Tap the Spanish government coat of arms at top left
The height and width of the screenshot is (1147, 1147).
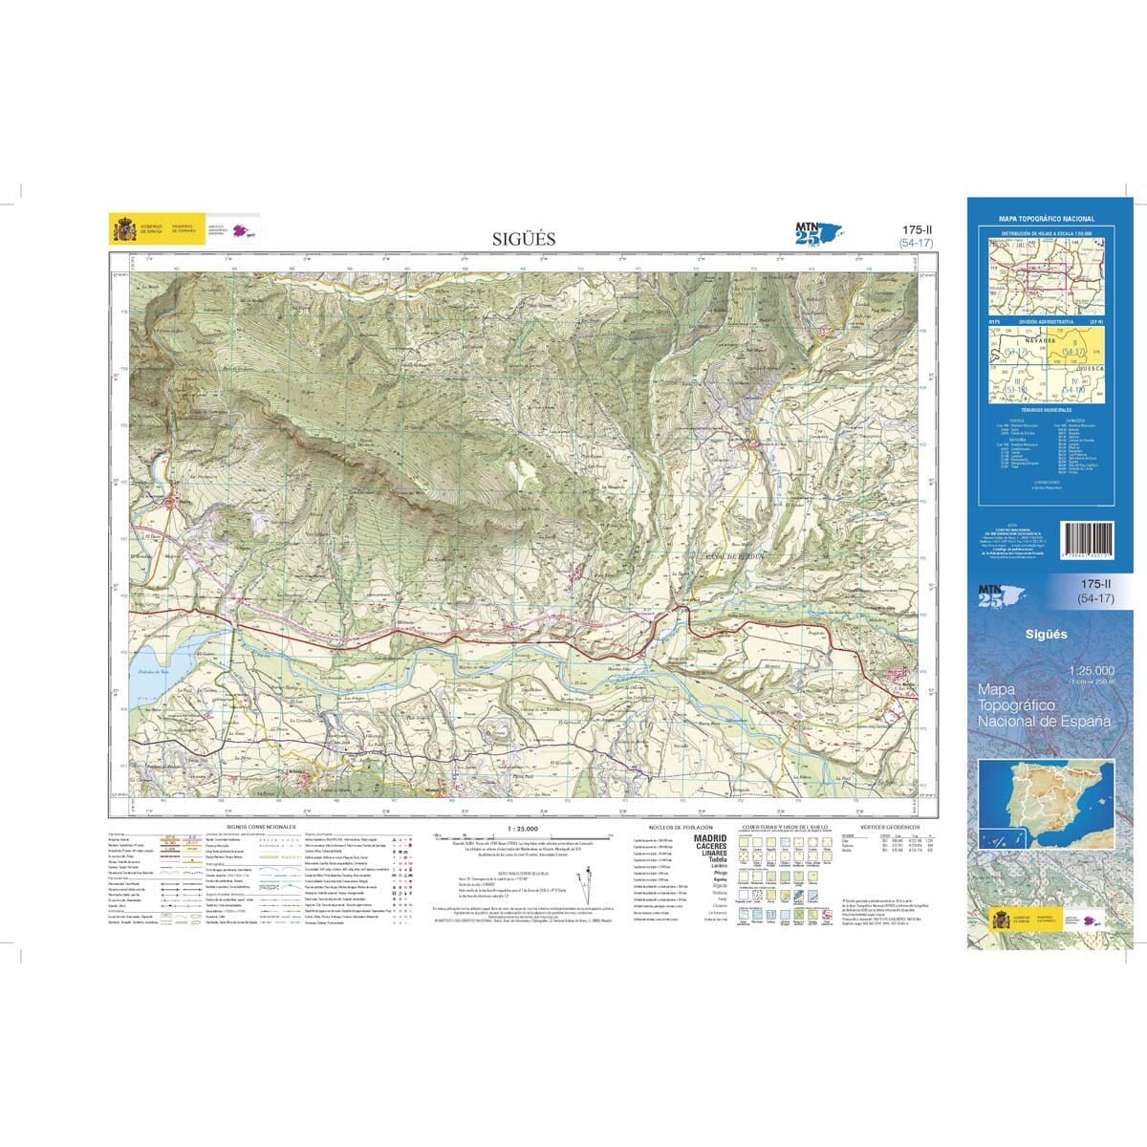124,229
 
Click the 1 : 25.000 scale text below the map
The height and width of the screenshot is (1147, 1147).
524,829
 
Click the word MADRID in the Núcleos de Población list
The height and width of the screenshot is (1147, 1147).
710,838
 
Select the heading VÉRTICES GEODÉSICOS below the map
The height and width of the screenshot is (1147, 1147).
889,826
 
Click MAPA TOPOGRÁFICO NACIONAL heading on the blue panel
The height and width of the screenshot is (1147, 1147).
1047,219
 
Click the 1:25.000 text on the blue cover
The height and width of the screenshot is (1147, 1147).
1091,671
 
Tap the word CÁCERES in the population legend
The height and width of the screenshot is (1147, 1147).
710,847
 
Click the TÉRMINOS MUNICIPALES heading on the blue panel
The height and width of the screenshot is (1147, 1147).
1047,408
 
